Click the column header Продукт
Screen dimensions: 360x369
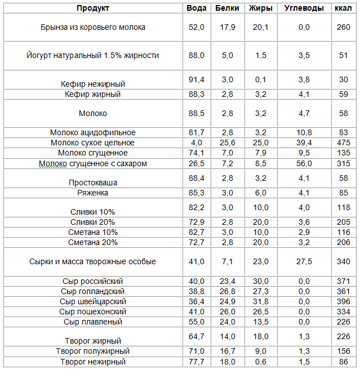coord(93,8)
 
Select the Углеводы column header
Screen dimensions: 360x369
coord(304,8)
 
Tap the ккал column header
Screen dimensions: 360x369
coord(343,8)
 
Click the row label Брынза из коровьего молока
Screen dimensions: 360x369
coord(93,27)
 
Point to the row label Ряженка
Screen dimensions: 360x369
coord(93,193)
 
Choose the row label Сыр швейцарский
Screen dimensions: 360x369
coord(93,302)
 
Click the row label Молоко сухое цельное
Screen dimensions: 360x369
coord(93,143)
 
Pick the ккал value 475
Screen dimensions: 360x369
coord(344,143)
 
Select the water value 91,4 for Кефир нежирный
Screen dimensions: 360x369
coord(197,80)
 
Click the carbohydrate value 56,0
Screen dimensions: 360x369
coord(304,163)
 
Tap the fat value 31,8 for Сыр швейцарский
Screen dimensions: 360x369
coord(261,302)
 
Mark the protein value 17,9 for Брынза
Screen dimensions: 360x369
coord(228,27)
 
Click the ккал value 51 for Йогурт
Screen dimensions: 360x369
coord(344,56)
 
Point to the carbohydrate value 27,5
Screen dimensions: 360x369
coord(304,262)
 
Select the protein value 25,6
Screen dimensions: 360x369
coord(228,143)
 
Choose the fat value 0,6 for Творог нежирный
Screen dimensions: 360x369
coord(261,362)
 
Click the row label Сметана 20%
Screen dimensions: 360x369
coord(93,243)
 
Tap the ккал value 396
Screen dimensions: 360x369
coord(344,302)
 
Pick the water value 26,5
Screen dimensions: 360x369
coord(197,163)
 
